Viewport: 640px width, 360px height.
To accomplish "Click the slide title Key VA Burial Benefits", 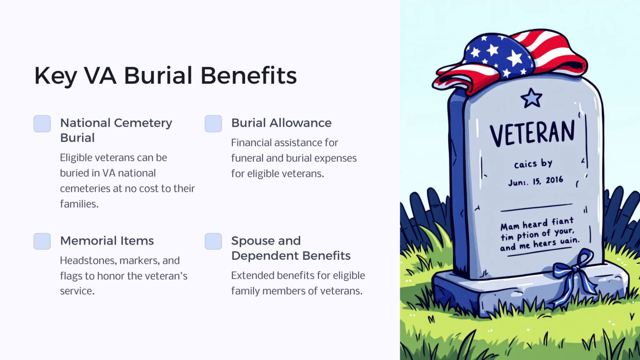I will pos(165,75).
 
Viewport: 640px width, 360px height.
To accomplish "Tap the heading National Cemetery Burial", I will pos(116,130).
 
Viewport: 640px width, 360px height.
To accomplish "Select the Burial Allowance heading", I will pos(281,123).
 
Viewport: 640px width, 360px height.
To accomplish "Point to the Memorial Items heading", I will pos(107,241).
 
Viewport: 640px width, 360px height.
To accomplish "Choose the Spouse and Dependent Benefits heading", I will pos(290,248).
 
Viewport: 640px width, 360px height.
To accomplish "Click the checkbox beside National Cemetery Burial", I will pos(42,124).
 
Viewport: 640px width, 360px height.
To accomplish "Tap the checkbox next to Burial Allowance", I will pos(213,124).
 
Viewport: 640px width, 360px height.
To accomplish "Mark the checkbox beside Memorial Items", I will pos(42,241).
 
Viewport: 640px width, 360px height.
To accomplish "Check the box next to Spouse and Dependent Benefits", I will pos(213,241).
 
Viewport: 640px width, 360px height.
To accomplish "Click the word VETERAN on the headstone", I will pos(532,132).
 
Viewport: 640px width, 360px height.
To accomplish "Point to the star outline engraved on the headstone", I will pos(531,98).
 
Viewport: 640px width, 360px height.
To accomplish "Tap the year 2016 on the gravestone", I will pos(554,180).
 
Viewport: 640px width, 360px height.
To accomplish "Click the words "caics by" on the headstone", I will pos(533,164).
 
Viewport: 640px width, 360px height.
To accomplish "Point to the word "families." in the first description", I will pos(79,204).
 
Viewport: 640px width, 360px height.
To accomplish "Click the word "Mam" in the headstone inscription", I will pos(510,227).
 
